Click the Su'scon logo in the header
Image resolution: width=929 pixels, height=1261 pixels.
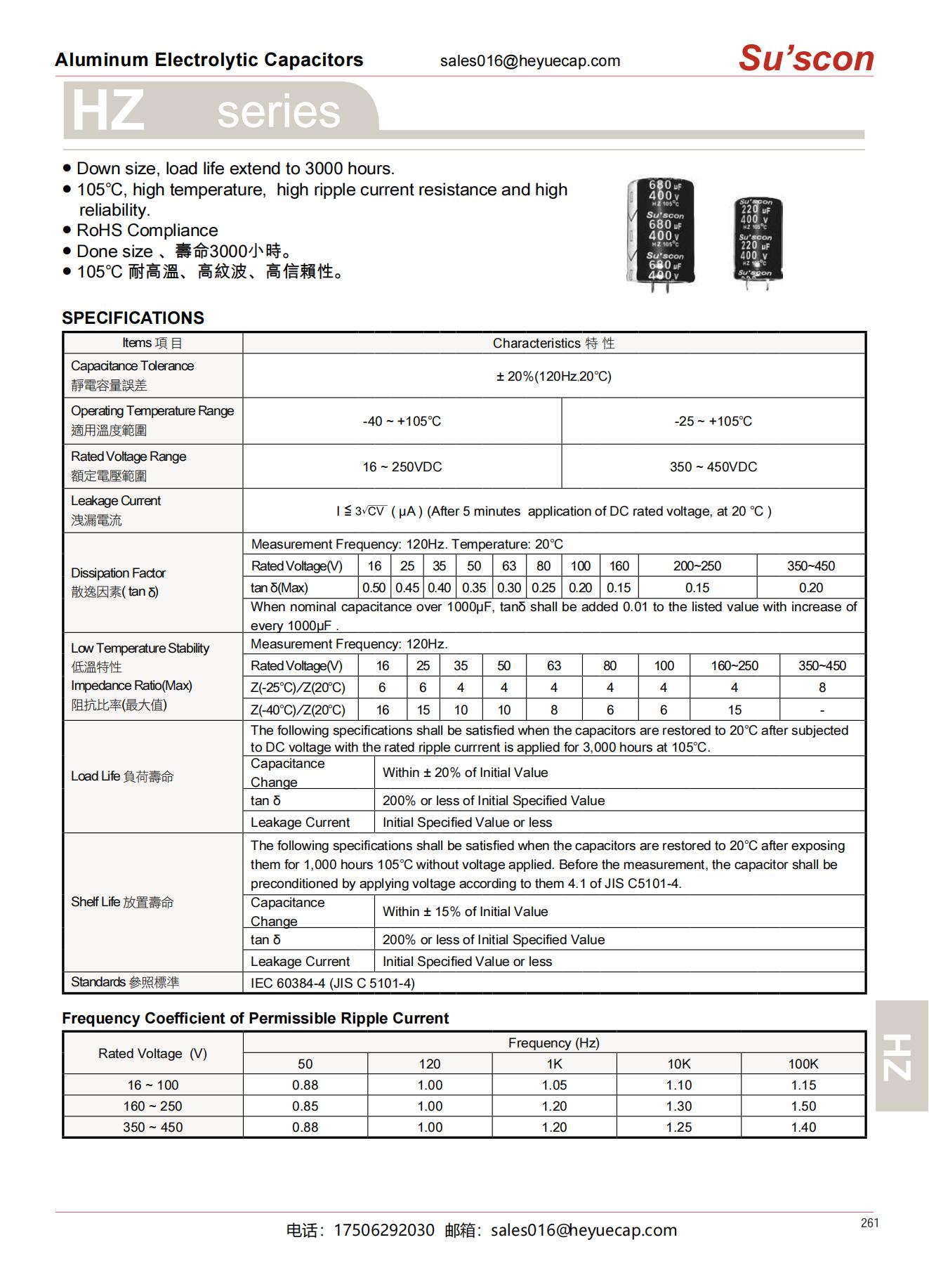(x=805, y=58)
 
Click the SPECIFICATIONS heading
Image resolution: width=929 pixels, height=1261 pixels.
(x=133, y=318)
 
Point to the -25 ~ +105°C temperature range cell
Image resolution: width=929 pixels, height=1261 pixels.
(x=713, y=422)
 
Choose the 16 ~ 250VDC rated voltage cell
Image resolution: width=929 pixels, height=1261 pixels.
(x=402, y=467)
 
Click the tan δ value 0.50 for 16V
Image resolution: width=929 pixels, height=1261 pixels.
(x=374, y=588)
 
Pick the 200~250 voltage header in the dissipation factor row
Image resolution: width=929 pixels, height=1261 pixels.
(x=697, y=566)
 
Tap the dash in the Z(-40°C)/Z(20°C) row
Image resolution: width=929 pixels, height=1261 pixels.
(x=822, y=710)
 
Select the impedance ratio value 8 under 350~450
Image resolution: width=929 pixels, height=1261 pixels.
(x=822, y=688)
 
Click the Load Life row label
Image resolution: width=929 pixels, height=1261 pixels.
(x=122, y=776)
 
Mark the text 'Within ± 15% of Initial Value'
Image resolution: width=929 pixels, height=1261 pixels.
(x=465, y=912)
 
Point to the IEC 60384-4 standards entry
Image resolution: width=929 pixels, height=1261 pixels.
(x=332, y=984)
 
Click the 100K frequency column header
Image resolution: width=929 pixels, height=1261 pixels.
(x=803, y=1064)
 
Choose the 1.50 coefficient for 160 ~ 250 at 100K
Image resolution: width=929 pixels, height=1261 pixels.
(x=803, y=1106)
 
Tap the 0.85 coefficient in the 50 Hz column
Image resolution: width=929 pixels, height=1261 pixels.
(x=305, y=1106)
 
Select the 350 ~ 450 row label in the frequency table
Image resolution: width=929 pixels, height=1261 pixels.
(x=152, y=1128)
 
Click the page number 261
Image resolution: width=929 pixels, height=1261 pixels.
(x=869, y=1223)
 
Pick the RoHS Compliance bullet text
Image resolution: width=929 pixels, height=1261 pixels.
(x=147, y=230)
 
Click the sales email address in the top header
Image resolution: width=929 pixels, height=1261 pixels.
(x=529, y=61)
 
